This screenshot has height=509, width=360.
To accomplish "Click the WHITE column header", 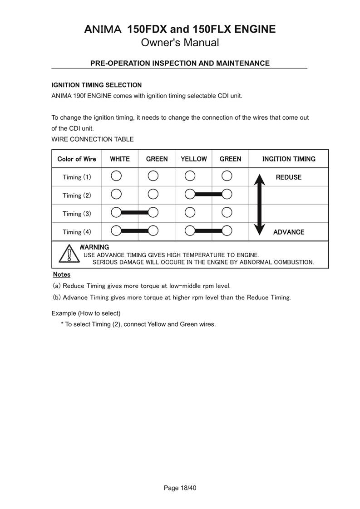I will (120, 159).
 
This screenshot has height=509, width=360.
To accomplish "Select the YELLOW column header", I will (193, 159).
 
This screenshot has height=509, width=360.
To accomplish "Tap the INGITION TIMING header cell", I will (289, 159).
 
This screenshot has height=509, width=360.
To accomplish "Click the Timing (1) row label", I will (77, 177).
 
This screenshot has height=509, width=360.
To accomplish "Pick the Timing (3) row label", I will (77, 214).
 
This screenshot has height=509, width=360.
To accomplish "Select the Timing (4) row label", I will (77, 232).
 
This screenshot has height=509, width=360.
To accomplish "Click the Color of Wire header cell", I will (77, 159).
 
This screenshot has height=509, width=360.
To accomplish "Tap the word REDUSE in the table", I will (289, 177).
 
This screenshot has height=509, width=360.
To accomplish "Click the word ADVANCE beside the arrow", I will (289, 232).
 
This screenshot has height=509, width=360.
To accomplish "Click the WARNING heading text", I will (94, 247).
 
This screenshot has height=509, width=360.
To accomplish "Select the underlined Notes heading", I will (62, 274).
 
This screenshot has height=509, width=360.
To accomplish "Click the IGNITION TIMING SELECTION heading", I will (97, 85).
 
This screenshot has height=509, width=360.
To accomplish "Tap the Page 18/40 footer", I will (180, 488).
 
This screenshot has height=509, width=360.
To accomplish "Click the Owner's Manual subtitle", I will (180, 43).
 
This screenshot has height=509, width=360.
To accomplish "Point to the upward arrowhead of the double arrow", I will (259, 179).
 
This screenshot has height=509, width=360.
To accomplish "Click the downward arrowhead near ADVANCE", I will (259, 230).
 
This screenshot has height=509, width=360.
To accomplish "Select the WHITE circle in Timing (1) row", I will (116, 176).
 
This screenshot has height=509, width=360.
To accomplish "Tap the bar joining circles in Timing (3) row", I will (135, 212).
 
